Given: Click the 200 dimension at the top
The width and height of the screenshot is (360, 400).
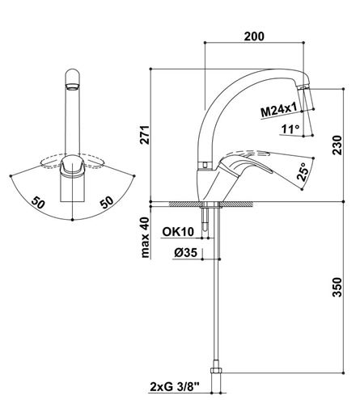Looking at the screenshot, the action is pyautogui.click(x=254, y=36).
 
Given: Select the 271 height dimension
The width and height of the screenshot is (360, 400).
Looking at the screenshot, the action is pyautogui.click(x=145, y=135).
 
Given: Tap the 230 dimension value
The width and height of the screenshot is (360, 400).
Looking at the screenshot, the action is pyautogui.click(x=337, y=145).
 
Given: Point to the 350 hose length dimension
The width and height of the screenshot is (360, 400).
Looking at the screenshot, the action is pyautogui.click(x=337, y=287).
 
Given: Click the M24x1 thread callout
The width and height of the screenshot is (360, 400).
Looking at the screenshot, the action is pyautogui.click(x=279, y=111).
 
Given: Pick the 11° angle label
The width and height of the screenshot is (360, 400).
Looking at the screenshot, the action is pyautogui.click(x=290, y=129).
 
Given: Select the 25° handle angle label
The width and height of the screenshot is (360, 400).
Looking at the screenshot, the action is pyautogui.click(x=303, y=171).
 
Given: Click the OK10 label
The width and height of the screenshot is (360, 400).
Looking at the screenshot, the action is pyautogui.click(x=178, y=232).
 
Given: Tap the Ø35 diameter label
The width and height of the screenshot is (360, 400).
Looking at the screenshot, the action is pyautogui.click(x=185, y=252).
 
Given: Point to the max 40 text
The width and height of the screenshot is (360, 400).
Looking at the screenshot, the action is pyautogui.click(x=145, y=237).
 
